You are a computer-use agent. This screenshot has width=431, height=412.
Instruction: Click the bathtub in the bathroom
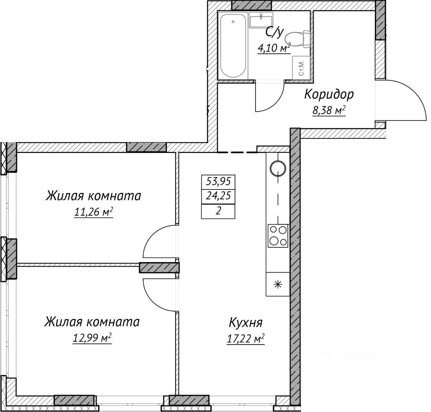pos(233,46)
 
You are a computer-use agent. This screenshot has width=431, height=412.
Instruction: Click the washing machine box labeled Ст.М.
pos(301,68)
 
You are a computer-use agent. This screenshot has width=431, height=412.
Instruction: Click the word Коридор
pos(329,94)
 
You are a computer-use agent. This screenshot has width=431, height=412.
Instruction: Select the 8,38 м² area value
pos(329,110)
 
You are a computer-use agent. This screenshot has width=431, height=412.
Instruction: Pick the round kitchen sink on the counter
pos(278,168)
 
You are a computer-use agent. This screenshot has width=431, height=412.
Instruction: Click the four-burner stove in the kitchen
pos(278,236)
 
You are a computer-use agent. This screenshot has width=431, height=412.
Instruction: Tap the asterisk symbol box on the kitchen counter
pos(278,284)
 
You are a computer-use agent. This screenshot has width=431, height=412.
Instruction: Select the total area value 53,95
pos(219,182)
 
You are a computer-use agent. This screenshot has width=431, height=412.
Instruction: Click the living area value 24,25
pos(219,196)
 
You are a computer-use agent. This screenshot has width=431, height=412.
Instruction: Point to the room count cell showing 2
pos(218,211)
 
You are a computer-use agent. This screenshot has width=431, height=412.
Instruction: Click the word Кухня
pos(245,323)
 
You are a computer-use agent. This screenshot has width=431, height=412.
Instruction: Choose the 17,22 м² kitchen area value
pos(246,339)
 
